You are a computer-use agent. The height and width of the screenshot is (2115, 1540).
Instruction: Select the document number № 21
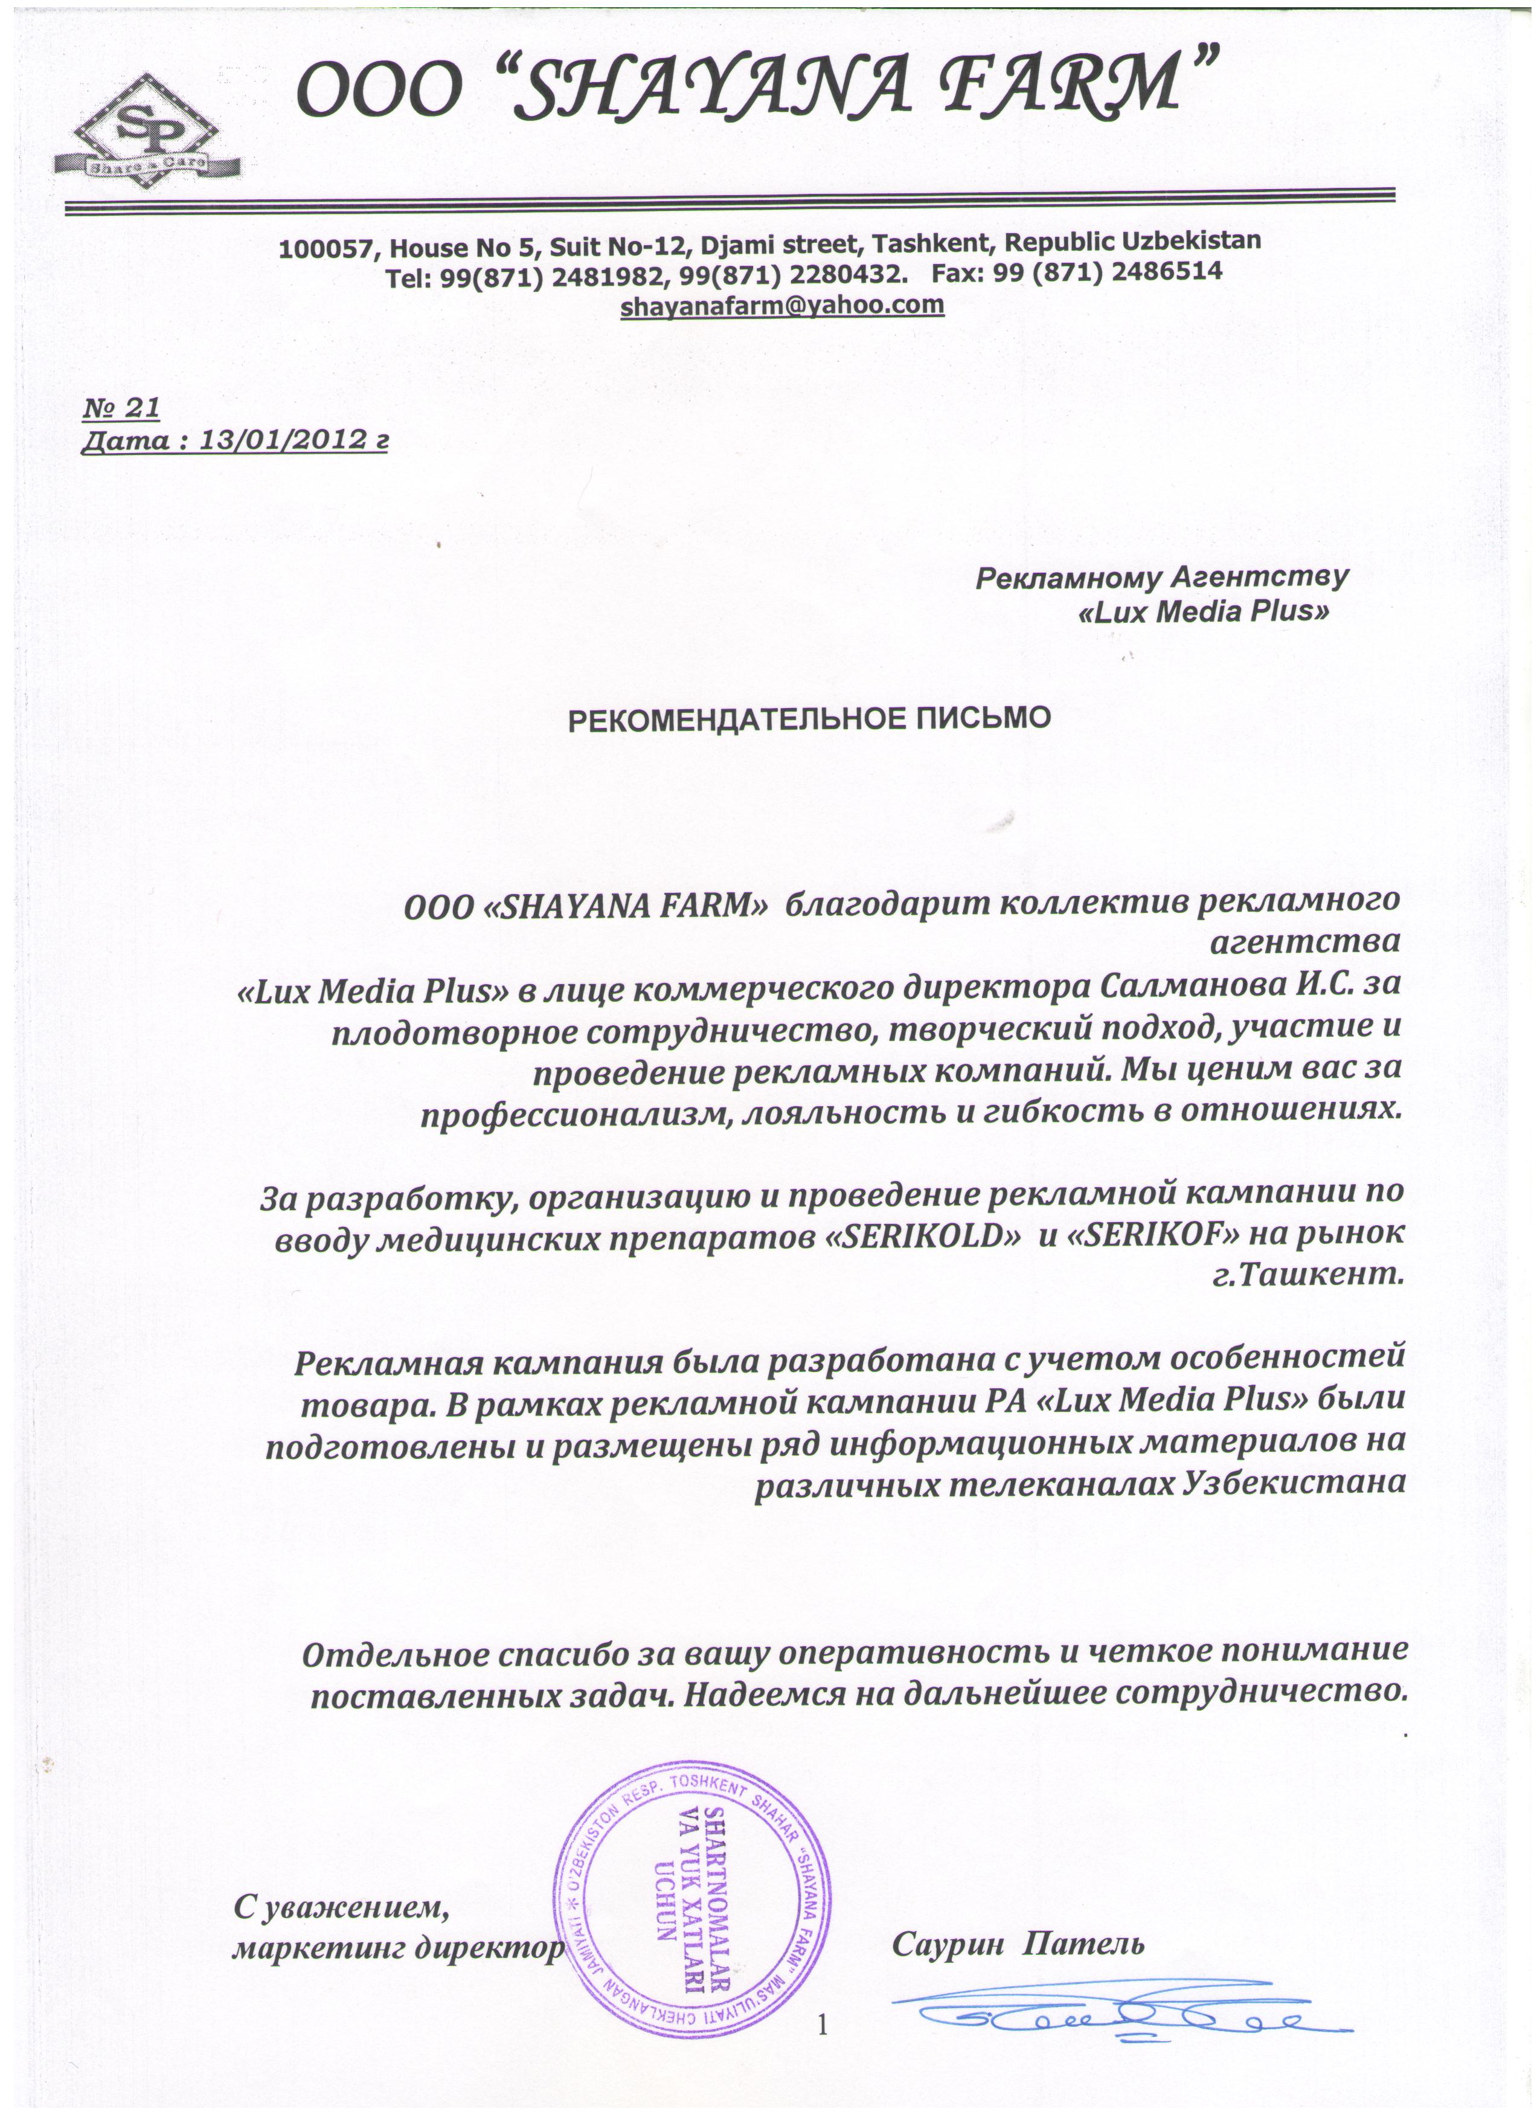[x=121, y=408]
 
